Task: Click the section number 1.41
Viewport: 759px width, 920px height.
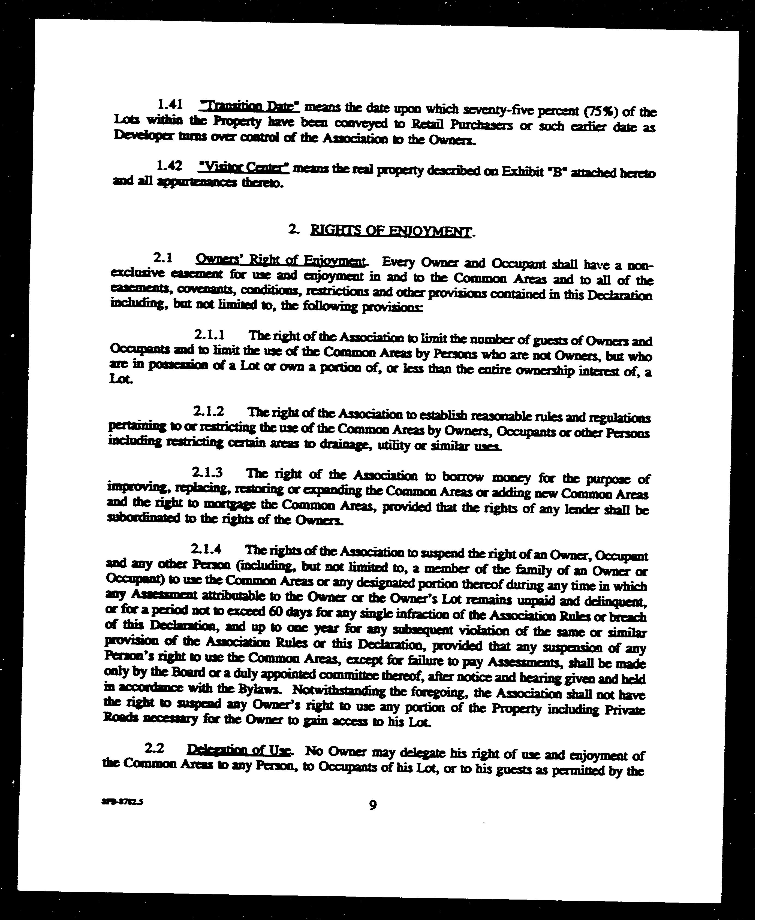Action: (x=170, y=104)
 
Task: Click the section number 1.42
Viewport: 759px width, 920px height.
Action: (x=169, y=166)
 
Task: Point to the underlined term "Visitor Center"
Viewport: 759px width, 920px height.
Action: (x=243, y=167)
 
